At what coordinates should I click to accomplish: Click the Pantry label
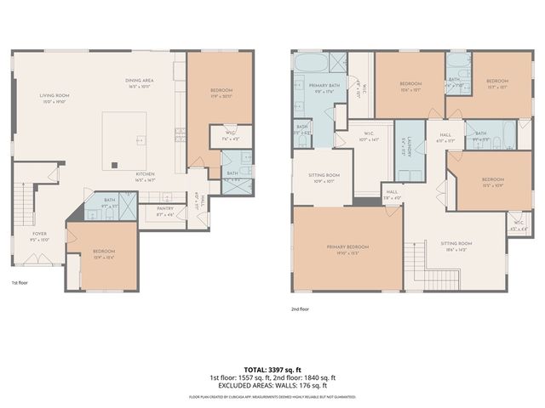pyautogui.click(x=165, y=211)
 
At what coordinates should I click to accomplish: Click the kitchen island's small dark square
pyautogui.click(x=114, y=165)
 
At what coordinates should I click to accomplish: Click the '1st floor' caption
pyautogui.click(x=20, y=282)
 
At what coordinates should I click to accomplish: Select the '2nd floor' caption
pyautogui.click(x=300, y=309)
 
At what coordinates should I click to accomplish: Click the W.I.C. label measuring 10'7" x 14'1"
pyautogui.click(x=369, y=137)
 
